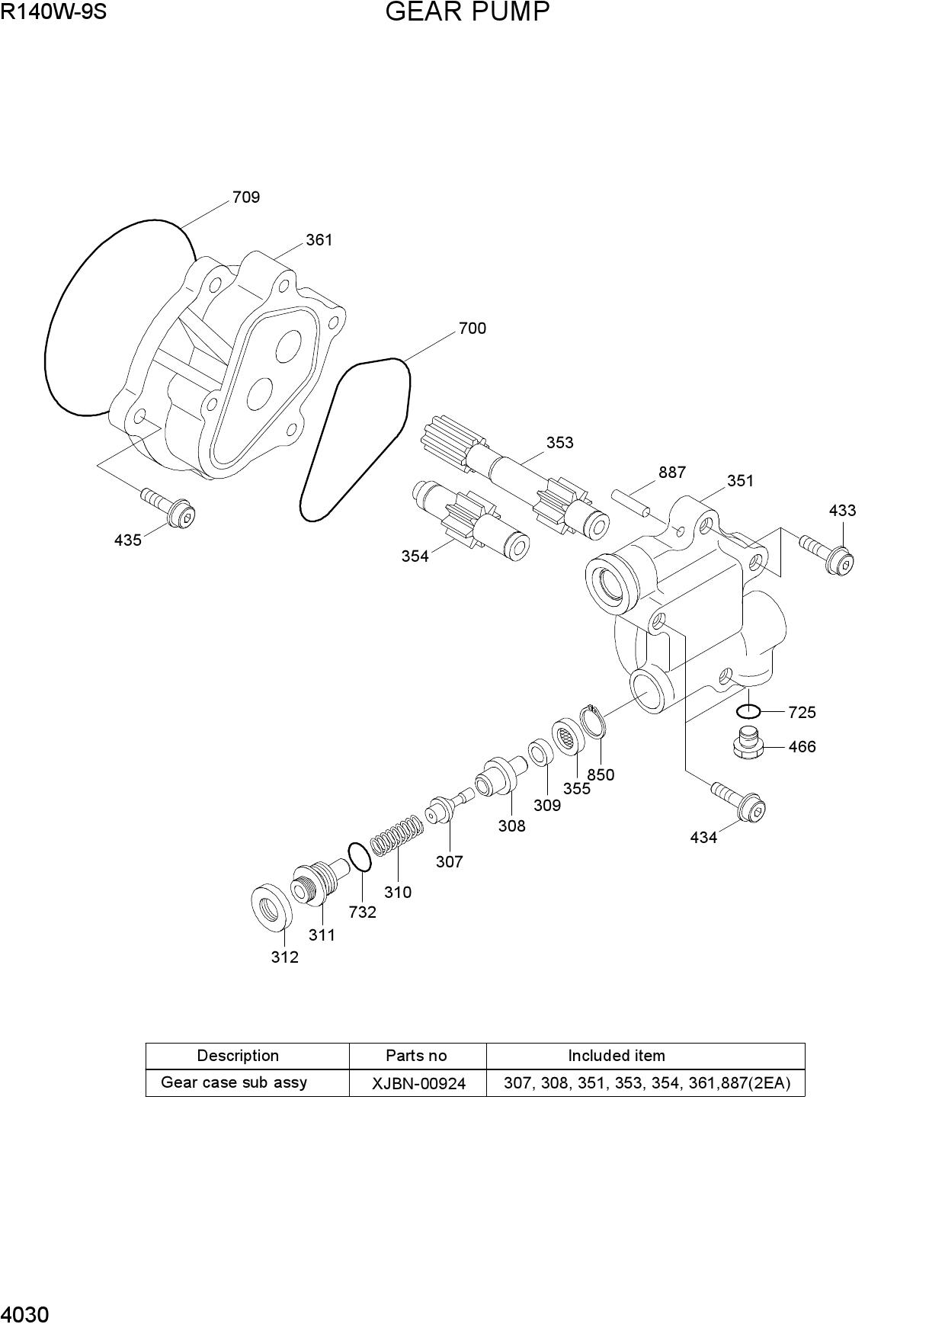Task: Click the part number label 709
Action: click(x=246, y=197)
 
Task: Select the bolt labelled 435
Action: click(x=168, y=507)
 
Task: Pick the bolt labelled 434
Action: click(x=738, y=801)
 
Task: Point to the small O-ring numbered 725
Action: click(x=748, y=712)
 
